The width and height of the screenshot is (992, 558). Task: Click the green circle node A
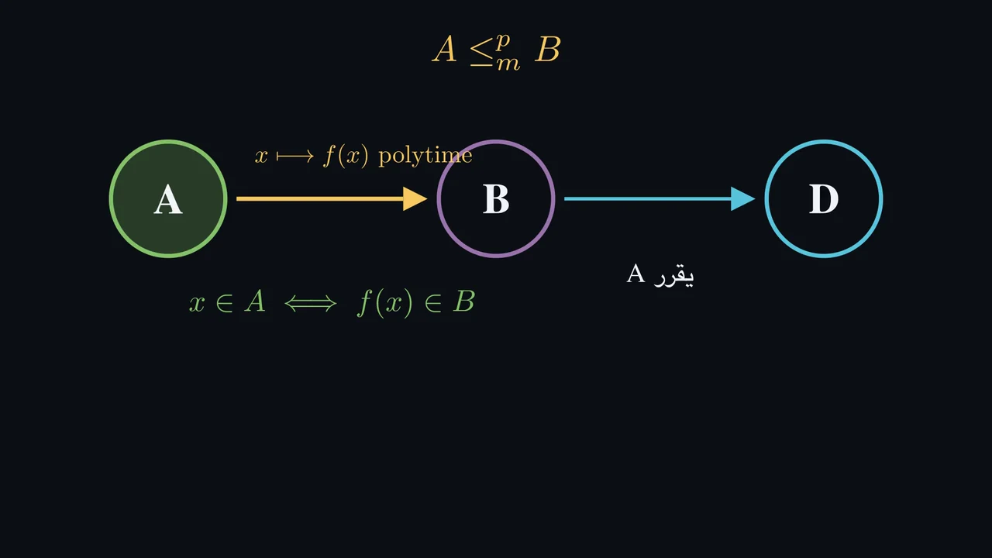click(x=168, y=198)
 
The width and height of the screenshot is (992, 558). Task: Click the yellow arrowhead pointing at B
click(x=415, y=199)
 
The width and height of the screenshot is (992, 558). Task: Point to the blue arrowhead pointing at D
click(x=742, y=199)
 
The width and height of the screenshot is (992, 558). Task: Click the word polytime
click(x=425, y=156)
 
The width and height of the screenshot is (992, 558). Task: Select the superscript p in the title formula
click(x=503, y=42)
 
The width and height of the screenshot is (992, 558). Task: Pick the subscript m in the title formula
click(x=508, y=64)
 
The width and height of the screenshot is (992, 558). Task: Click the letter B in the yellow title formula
click(x=548, y=49)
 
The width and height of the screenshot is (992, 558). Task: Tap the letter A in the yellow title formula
click(x=445, y=49)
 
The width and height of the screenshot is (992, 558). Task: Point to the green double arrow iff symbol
click(x=311, y=304)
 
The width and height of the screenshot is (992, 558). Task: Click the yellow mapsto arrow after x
click(x=295, y=156)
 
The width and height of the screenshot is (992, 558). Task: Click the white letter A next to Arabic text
click(x=635, y=274)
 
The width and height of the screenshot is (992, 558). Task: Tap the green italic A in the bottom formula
click(x=255, y=301)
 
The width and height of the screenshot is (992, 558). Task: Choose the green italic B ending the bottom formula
click(x=463, y=301)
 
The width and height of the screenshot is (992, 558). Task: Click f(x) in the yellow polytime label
click(x=346, y=156)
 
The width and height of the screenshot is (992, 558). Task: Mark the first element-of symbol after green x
click(x=225, y=304)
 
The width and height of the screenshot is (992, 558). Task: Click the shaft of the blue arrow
click(x=647, y=199)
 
